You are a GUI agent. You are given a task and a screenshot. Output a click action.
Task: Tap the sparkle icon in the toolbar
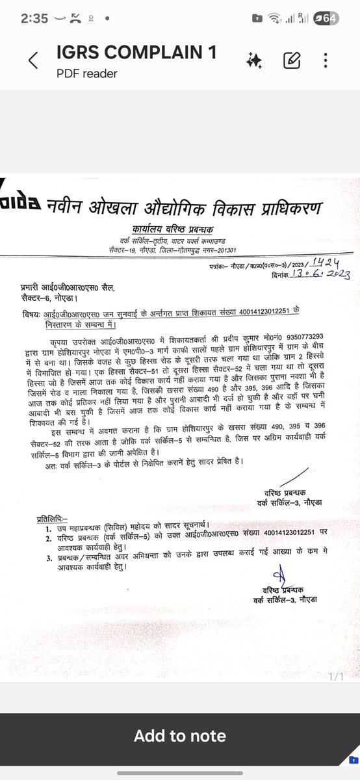point(254,62)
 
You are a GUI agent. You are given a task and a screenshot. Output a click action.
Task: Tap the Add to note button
point(180,736)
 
